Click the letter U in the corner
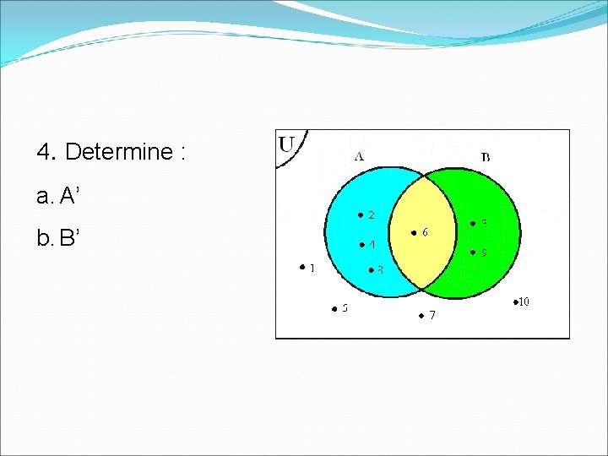coord(287,144)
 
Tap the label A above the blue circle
coord(359,155)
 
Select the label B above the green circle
coord(486,156)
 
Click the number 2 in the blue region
coord(371,215)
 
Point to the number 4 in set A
coord(371,245)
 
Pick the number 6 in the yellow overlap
coord(424,232)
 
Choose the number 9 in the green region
coord(483,252)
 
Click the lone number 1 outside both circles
coord(312,269)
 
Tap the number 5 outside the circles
coord(345,308)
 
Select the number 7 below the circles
coord(432,316)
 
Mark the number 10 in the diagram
coord(524,301)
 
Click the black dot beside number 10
coord(514,301)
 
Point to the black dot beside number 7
coord(421,316)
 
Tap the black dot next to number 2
coord(359,215)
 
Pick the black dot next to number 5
coord(333,308)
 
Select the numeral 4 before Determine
coord(44,152)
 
